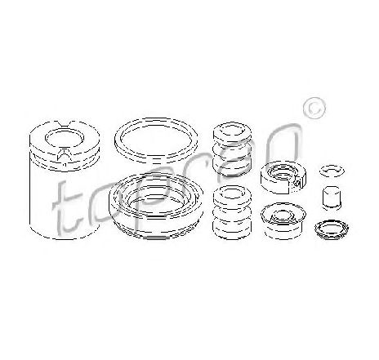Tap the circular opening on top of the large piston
point(65,137)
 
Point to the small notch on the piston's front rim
point(65,156)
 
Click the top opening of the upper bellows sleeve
point(232,132)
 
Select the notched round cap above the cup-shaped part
point(283,188)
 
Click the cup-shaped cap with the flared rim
point(283,231)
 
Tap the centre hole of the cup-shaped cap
point(283,216)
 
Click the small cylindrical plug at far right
point(332,198)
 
